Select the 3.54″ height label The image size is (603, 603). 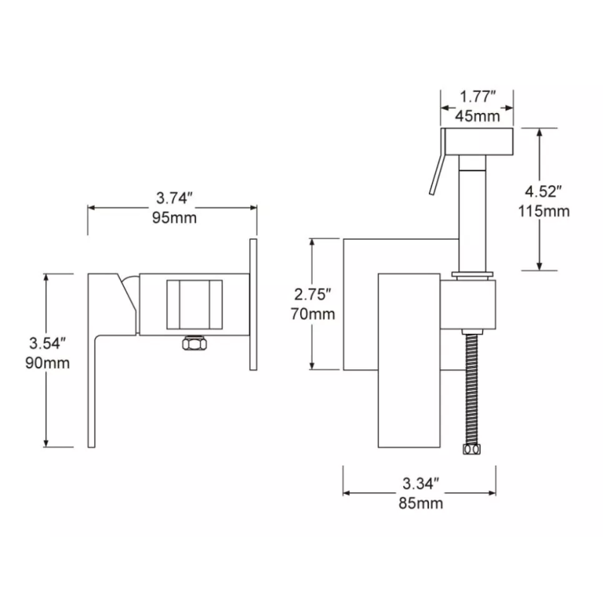(x=49, y=343)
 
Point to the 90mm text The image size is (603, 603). (x=50, y=363)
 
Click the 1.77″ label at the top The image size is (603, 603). (x=478, y=96)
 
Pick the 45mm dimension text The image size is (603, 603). (x=478, y=116)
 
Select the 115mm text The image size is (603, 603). (x=545, y=211)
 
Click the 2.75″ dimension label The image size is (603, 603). (x=313, y=294)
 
